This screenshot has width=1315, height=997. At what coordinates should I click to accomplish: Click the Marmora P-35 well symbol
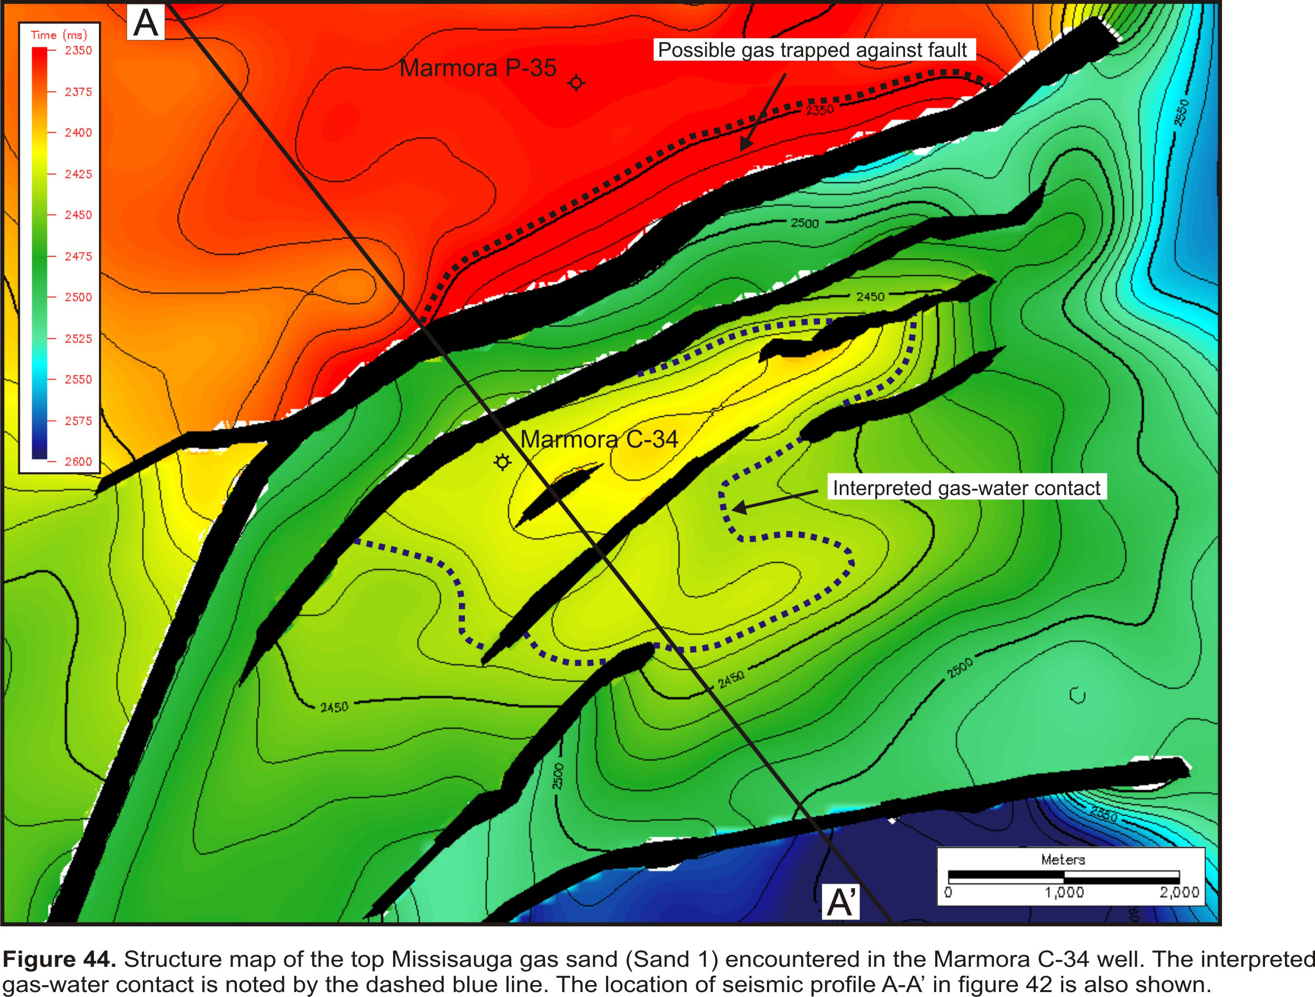coord(576,83)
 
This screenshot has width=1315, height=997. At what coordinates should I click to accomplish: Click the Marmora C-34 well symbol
coord(502,462)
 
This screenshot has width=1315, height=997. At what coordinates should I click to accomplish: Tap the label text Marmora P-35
coord(477,68)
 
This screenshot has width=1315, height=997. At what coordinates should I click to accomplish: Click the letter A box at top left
coord(146,23)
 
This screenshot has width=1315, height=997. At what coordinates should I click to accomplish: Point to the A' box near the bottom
coord(841,902)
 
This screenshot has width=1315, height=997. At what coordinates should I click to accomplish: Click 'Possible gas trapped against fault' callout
coord(812,50)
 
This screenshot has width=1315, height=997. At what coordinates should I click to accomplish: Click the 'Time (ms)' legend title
coord(59,35)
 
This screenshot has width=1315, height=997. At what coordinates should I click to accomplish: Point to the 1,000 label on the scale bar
coord(1064,892)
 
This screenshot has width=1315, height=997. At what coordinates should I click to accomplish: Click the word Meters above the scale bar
coord(1063,860)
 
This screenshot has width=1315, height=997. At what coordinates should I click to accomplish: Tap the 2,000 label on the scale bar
coord(1179,892)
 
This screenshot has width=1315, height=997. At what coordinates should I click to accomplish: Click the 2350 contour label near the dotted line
coord(819,110)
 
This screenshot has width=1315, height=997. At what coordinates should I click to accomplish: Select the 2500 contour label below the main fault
coord(804,223)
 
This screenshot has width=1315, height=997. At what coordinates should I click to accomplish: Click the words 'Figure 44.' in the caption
coord(59,959)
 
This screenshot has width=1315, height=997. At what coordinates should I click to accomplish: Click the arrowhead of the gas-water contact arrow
coord(737,508)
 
